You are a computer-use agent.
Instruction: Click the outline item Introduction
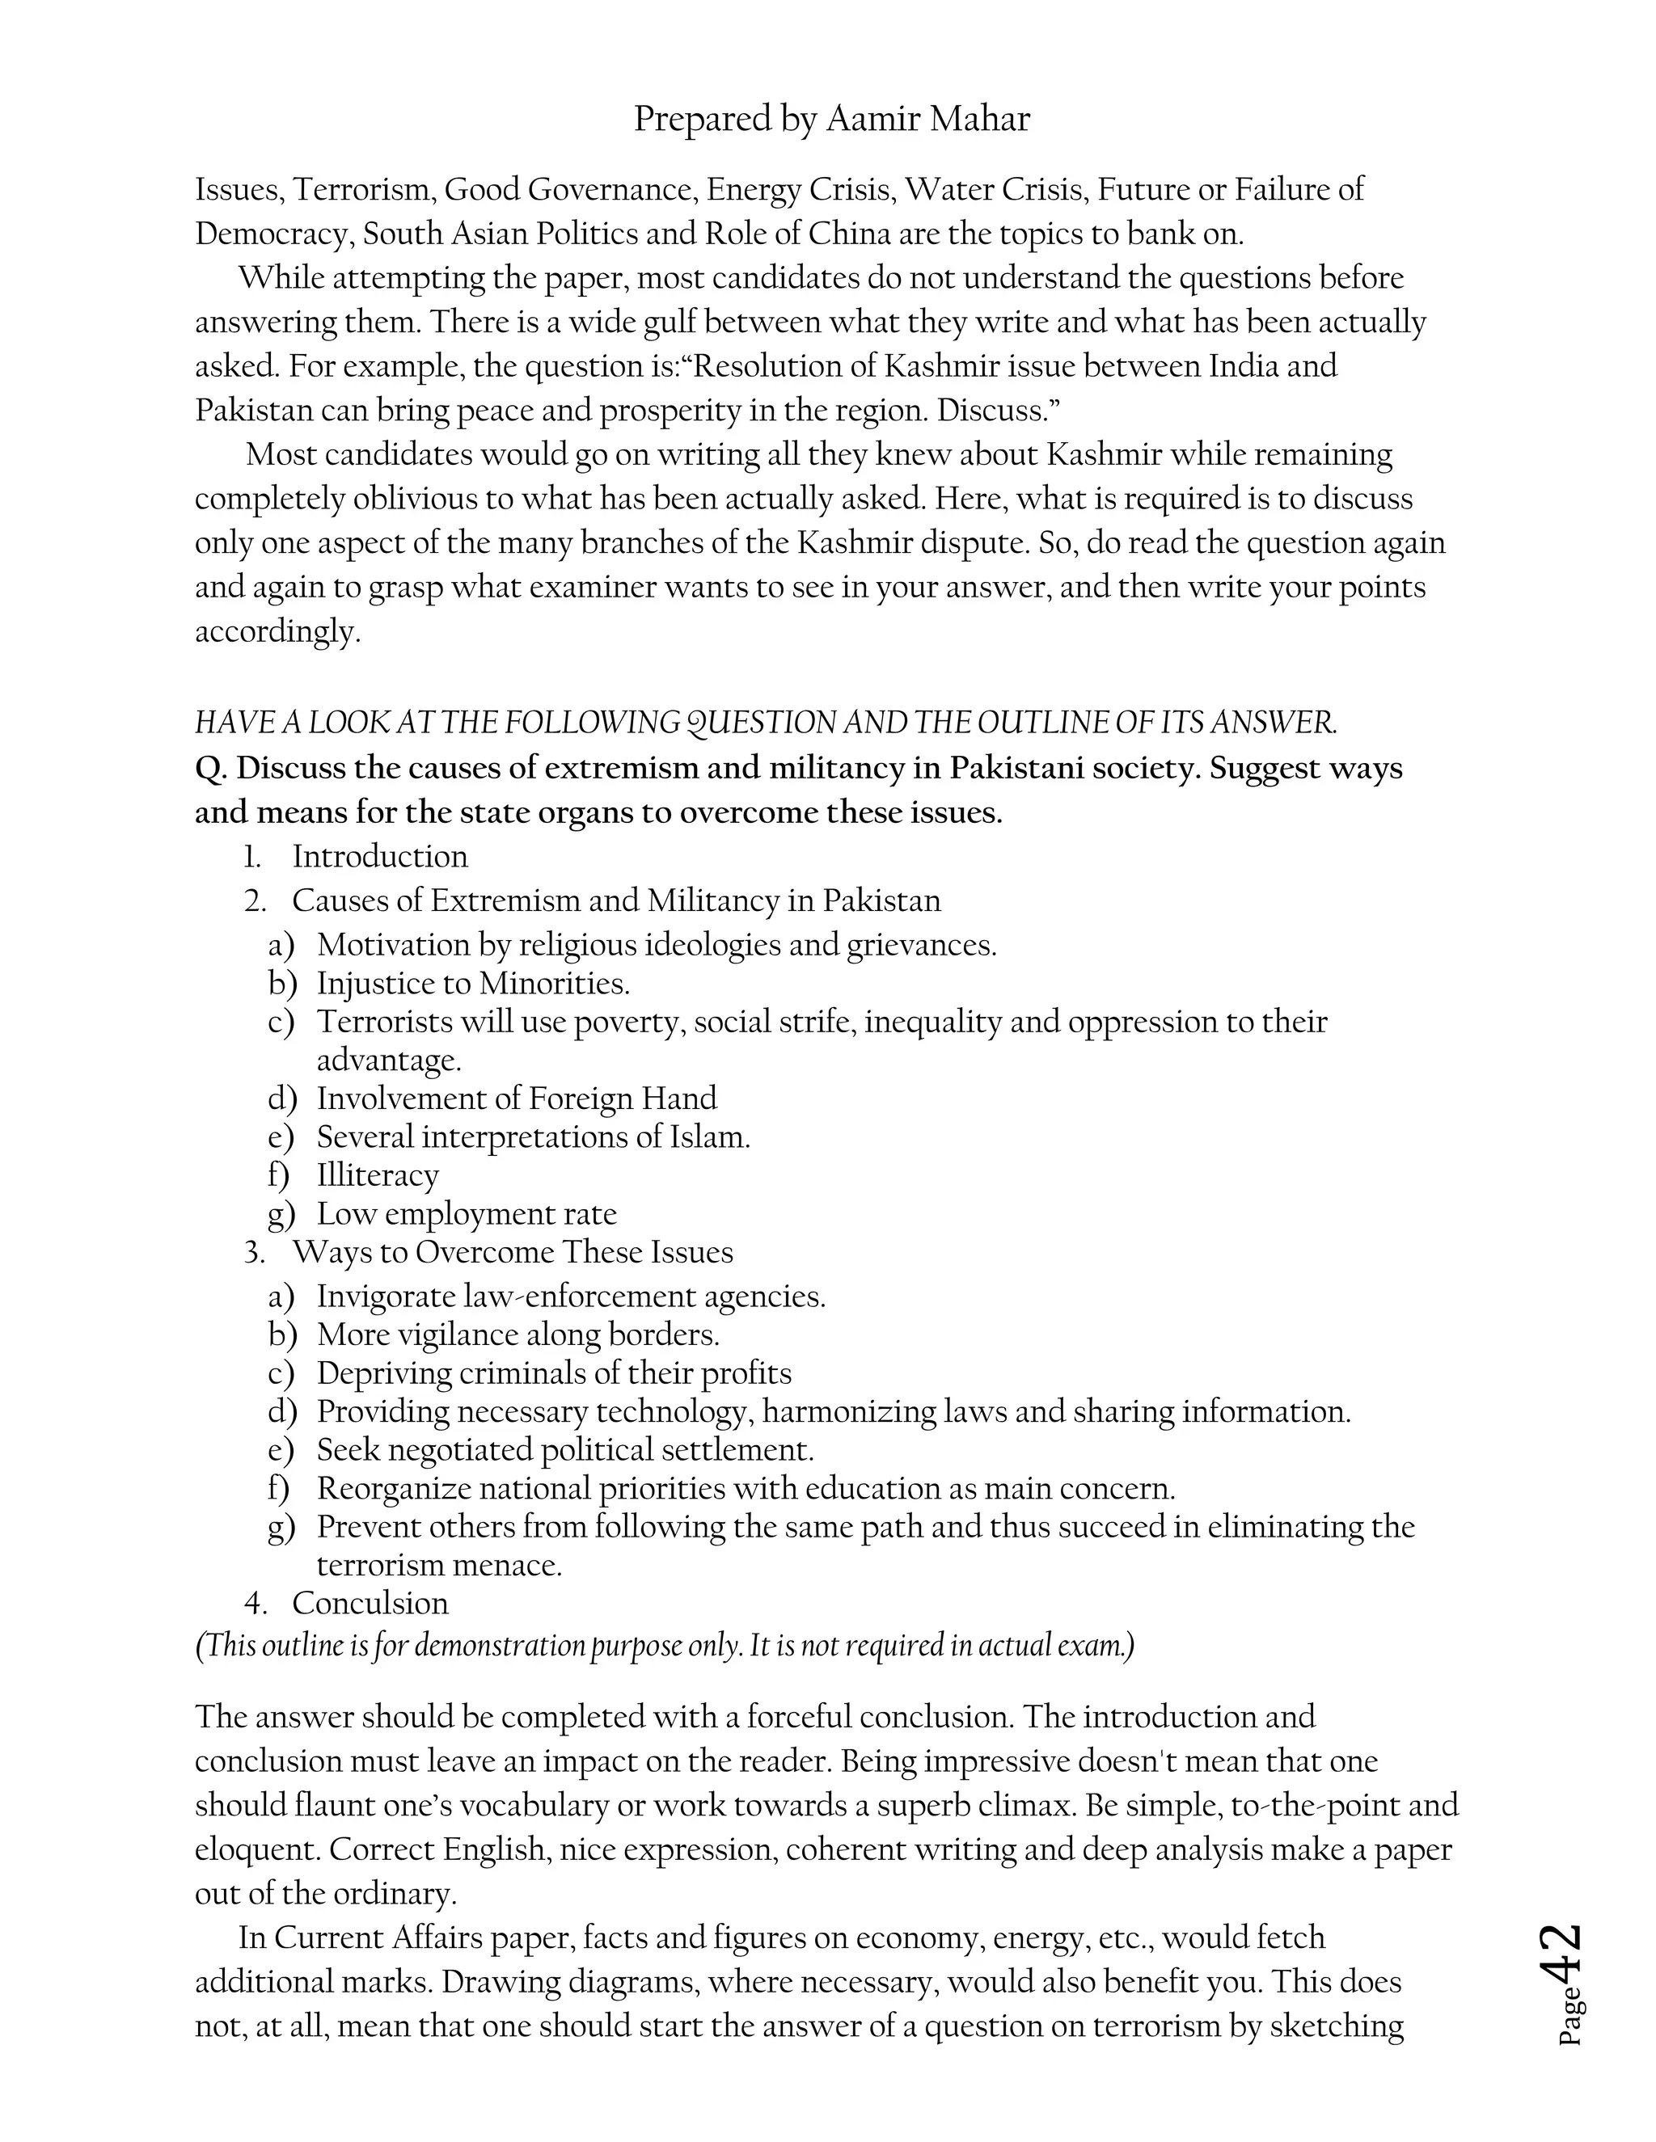tap(380, 856)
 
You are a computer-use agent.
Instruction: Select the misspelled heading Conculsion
tap(370, 1603)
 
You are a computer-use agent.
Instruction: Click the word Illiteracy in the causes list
tap(378, 1175)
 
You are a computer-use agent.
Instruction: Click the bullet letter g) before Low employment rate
tap(281, 1214)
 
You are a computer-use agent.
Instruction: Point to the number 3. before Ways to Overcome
tap(255, 1252)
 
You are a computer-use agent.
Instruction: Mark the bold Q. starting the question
tap(211, 768)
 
